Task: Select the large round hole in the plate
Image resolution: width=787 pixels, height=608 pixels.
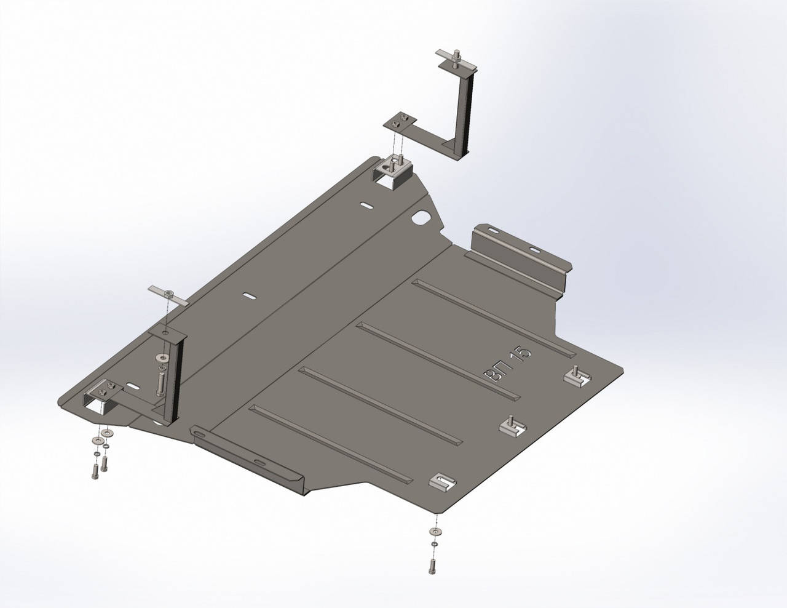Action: click(421, 217)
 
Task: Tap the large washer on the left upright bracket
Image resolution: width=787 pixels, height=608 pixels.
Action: click(162, 358)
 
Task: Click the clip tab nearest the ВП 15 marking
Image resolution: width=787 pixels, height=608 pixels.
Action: click(577, 376)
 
